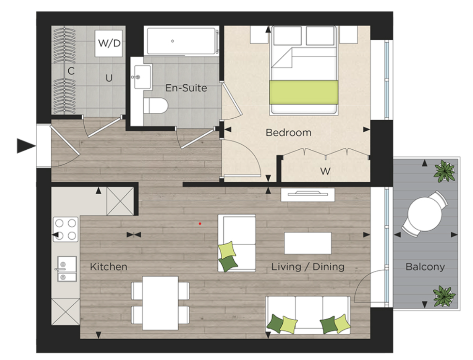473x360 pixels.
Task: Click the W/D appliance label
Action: [109, 43]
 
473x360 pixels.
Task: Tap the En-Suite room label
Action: [186, 88]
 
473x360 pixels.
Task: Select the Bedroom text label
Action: [289, 132]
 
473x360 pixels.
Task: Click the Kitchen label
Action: [109, 266]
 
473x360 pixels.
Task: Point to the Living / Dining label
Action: [308, 266]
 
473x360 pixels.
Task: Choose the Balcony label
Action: [425, 266]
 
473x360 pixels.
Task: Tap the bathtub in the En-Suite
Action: [181, 41]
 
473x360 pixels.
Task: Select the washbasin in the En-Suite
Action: [141, 77]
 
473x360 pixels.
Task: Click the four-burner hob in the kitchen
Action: [65, 229]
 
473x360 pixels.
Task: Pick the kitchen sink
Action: [66, 269]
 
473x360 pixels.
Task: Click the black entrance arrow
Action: [26, 145]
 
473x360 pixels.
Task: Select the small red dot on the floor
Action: [200, 223]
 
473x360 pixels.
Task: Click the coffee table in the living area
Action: [307, 243]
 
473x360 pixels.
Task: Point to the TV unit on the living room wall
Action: [308, 195]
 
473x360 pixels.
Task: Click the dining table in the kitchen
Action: [160, 297]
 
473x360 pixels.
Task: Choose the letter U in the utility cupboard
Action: [109, 78]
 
